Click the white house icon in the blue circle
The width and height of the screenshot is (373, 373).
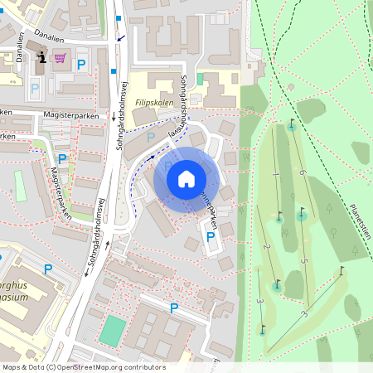[x=186, y=178]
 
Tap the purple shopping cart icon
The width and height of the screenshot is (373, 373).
[x=60, y=57]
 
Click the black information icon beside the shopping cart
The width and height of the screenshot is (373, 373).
[x=42, y=56]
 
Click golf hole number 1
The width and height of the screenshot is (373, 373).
[x=274, y=175]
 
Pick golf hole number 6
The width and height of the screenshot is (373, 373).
[x=304, y=172]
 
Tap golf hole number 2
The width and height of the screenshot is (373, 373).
[x=266, y=247]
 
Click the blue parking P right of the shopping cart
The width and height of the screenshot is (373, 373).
[x=81, y=64]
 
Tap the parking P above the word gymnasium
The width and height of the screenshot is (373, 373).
[x=47, y=269]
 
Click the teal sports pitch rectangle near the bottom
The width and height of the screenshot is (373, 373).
[x=110, y=329]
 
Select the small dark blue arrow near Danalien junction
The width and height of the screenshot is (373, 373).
[x=122, y=37]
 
